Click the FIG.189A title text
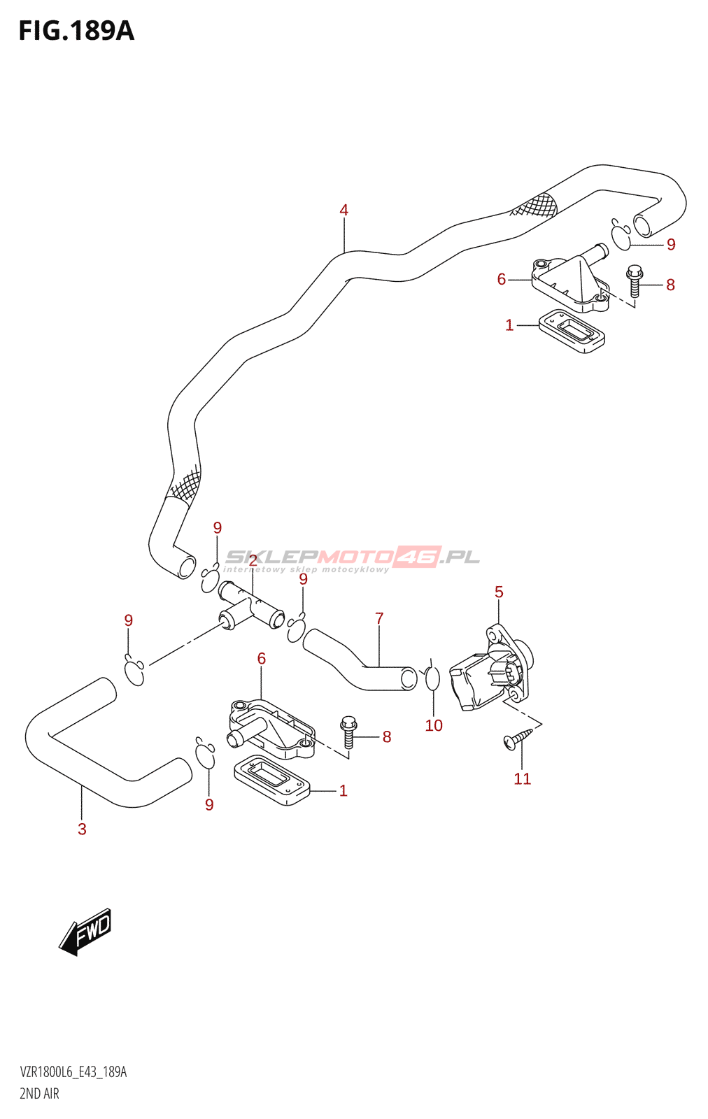(76, 31)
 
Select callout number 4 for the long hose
(344, 210)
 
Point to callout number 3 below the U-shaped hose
(82, 829)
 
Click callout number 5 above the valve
(499, 592)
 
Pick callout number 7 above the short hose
(379, 618)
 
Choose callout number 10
(434, 725)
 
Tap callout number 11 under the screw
(523, 779)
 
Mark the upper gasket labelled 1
(572, 331)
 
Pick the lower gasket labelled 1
(271, 780)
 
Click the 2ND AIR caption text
(39, 1094)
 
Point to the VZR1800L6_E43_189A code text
(73, 1072)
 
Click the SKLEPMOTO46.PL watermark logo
(352, 558)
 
